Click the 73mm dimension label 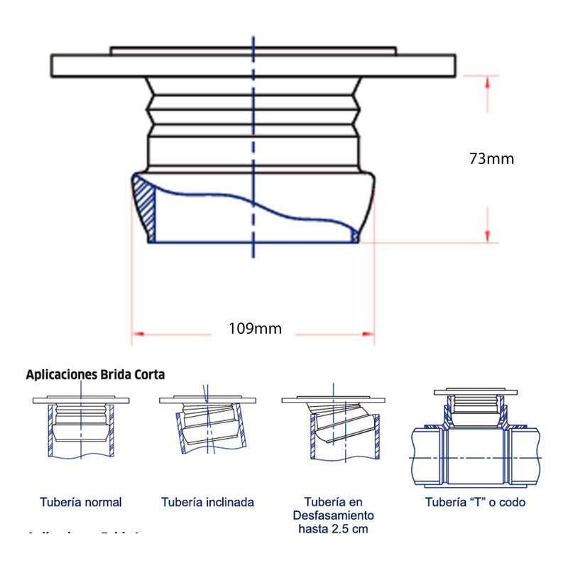[491, 159]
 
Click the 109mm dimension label [255, 329]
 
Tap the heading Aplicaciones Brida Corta [95, 373]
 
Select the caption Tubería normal [81, 502]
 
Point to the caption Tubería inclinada [207, 502]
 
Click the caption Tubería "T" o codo [476, 502]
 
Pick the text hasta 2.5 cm [334, 529]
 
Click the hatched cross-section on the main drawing [145, 203]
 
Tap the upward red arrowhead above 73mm [487, 81]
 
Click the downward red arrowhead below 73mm [487, 236]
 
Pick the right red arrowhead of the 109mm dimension [368, 332]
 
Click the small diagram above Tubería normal [81, 426]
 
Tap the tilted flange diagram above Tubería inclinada [207, 426]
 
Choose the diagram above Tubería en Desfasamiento [334, 426]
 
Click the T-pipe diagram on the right [476, 440]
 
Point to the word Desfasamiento [334, 515]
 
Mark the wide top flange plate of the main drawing [253, 65]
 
